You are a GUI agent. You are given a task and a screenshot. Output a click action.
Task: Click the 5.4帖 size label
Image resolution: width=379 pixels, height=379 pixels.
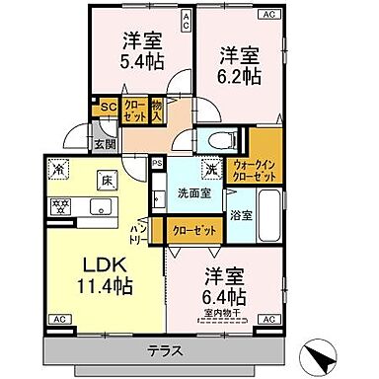[x=143, y=62]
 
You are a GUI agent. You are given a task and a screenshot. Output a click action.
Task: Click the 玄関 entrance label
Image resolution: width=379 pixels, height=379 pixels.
[x=104, y=141]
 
